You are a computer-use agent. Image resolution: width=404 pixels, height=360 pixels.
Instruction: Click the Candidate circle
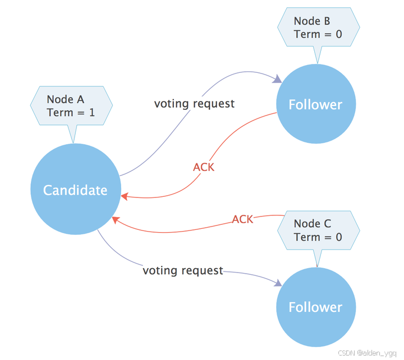76,190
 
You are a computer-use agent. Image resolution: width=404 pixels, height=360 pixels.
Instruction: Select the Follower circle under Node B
315,105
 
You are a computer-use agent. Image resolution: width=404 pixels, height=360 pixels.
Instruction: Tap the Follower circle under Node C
315,307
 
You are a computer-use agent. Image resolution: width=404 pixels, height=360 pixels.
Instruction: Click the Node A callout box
71,106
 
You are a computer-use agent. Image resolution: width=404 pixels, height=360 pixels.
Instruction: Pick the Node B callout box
318,27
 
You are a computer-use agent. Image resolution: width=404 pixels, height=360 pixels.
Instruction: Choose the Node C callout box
318,230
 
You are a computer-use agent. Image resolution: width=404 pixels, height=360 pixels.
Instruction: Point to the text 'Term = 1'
71,112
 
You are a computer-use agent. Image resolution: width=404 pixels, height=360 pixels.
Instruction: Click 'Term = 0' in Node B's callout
318,34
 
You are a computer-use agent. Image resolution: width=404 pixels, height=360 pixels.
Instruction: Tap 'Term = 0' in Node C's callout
318,237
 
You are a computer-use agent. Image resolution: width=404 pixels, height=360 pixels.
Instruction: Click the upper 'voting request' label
194,104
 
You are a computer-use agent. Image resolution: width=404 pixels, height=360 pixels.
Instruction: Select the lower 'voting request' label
183,270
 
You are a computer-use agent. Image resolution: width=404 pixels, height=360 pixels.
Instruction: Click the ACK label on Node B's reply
204,167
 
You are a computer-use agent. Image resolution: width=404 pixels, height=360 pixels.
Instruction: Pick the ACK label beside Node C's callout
243,219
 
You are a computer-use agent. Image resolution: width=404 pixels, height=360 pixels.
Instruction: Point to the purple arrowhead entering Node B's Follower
277,80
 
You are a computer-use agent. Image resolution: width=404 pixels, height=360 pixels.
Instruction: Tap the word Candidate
75,190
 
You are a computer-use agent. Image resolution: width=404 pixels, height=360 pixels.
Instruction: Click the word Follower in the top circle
315,105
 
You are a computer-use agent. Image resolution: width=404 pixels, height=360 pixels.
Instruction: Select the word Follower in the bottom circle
315,307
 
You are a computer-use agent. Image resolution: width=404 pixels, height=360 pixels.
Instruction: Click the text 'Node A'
65,99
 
